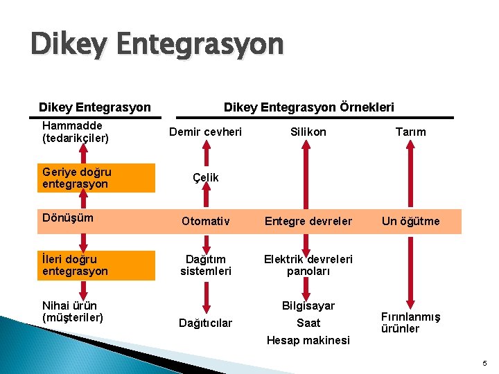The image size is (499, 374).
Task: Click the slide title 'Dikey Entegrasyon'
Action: click(x=157, y=45)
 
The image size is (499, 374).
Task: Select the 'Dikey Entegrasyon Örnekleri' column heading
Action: click(x=308, y=107)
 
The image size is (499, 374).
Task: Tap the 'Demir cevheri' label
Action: click(x=206, y=132)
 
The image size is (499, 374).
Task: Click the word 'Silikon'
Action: click(x=308, y=132)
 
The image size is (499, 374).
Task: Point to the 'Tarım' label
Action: click(x=410, y=132)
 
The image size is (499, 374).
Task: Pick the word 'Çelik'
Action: click(x=205, y=177)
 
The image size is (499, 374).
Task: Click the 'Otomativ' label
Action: click(x=205, y=222)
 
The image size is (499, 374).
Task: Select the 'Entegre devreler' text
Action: click(x=308, y=222)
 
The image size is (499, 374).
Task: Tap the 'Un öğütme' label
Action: click(x=410, y=222)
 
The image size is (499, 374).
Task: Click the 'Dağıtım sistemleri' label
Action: click(x=205, y=265)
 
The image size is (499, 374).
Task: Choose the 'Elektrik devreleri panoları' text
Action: click(x=308, y=265)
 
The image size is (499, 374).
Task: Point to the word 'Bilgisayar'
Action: click(x=308, y=305)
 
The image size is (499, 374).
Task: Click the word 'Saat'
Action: click(x=308, y=323)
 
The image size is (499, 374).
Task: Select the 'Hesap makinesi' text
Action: click(x=308, y=340)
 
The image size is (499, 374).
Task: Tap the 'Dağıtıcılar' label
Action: click(x=205, y=323)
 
